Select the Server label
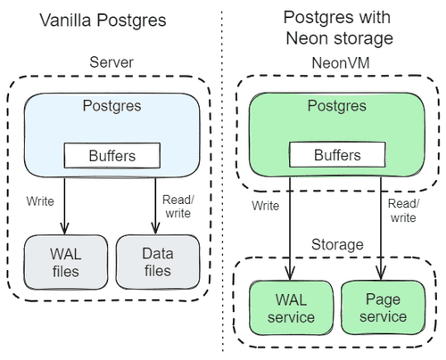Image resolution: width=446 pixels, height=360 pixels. (111, 62)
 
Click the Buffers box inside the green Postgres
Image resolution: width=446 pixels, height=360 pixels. (335, 155)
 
